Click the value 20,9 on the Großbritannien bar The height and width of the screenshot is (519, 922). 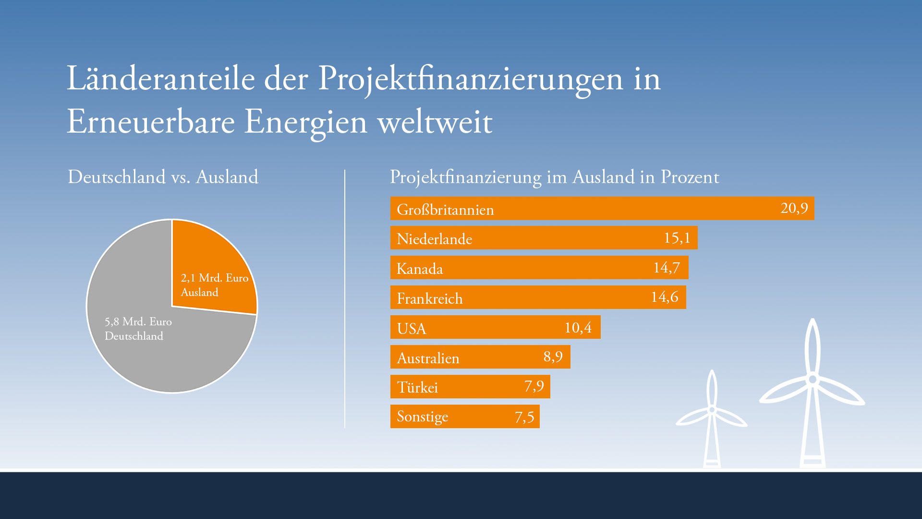tap(794, 208)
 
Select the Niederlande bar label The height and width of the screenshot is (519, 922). tap(434, 239)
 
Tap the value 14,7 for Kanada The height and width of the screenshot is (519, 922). tap(667, 268)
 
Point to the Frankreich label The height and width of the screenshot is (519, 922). tap(429, 298)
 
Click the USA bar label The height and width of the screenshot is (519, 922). tap(412, 329)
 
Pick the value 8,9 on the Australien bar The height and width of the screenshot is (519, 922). tap(553, 357)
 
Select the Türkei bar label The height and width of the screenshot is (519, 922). tap(417, 387)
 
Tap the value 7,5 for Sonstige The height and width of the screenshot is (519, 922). tap(524, 417)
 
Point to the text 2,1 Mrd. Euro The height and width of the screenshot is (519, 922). tap(214, 278)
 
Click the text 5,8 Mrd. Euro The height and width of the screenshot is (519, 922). tap(138, 321)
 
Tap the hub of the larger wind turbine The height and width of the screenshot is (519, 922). tap(813, 380)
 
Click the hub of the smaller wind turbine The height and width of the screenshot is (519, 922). tap(712, 409)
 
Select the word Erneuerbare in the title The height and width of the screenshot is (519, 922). tap(150, 122)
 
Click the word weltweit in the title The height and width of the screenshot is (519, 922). tap(435, 122)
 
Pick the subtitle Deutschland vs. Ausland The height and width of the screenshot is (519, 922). tap(163, 177)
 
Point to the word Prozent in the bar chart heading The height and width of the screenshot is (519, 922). tap(690, 177)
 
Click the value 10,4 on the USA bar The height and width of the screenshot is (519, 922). tap(578, 328)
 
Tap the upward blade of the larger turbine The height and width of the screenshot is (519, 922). tap(812, 346)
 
